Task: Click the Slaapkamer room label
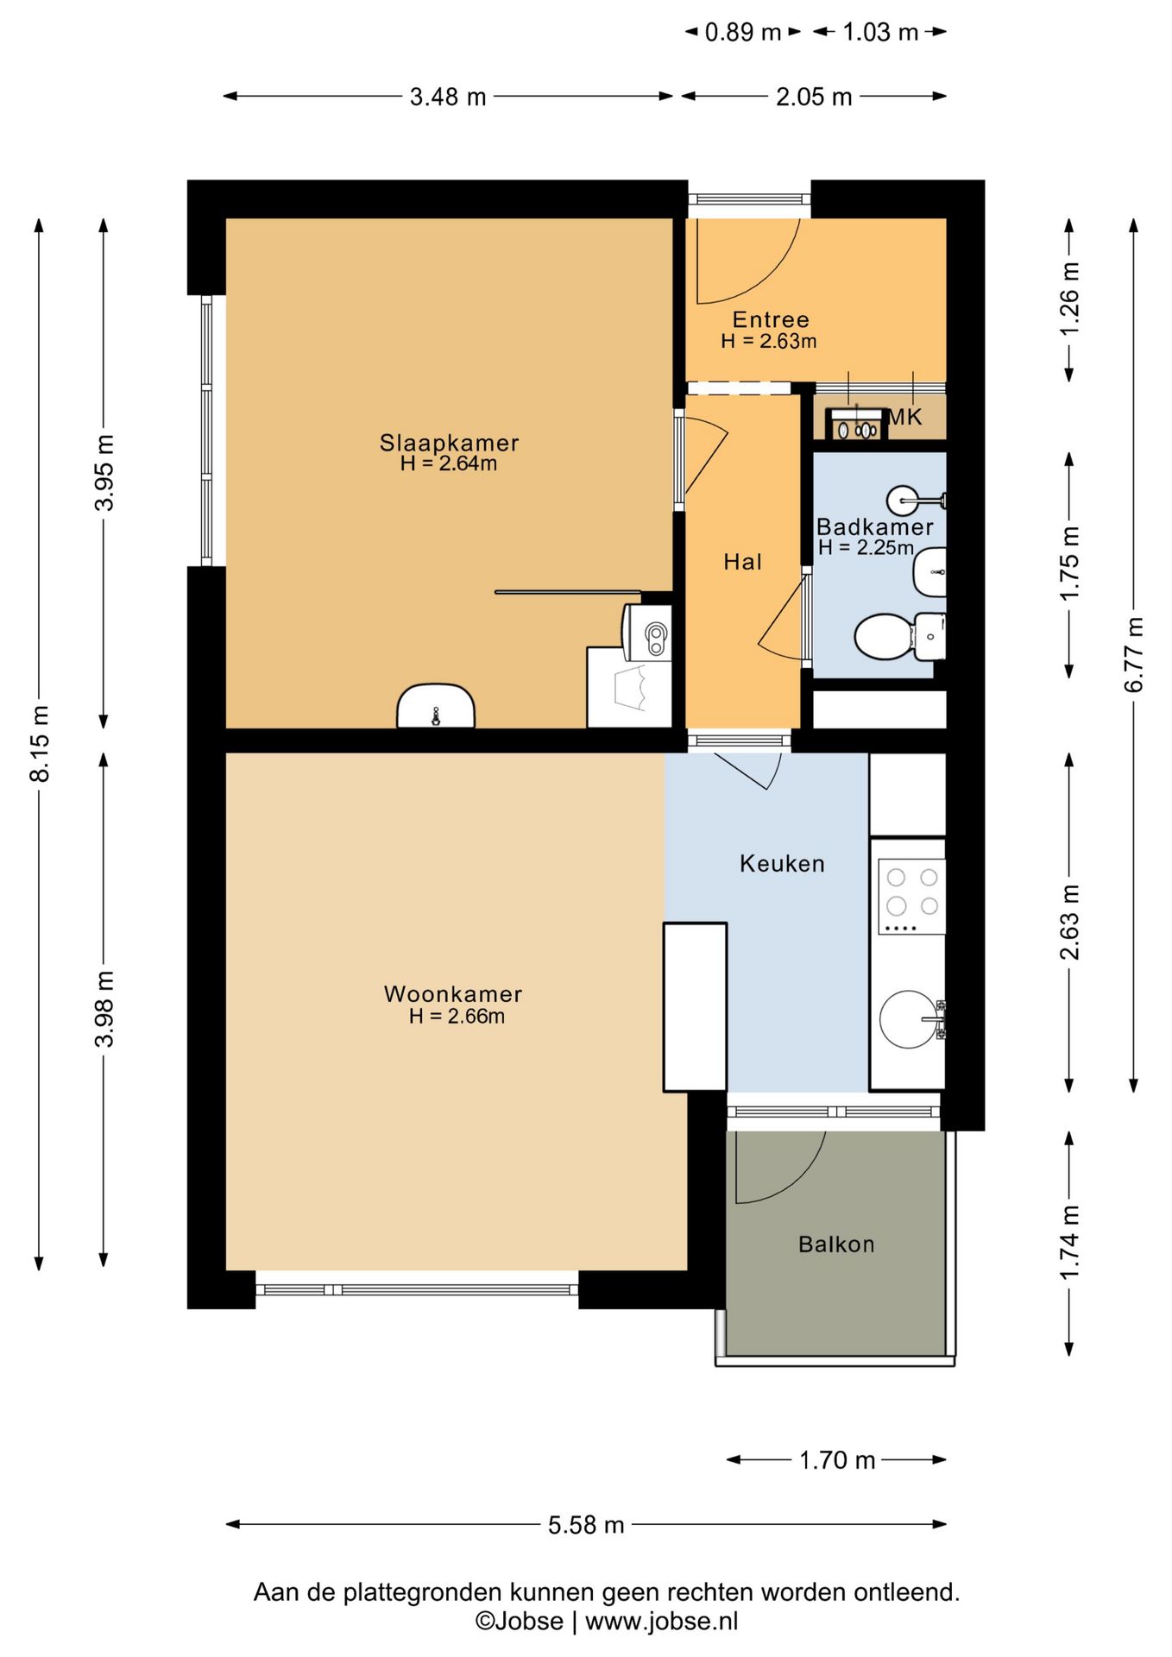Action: (449, 443)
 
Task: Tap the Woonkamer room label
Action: (453, 994)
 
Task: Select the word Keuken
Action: (782, 864)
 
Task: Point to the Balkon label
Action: (836, 1244)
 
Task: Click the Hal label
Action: (742, 562)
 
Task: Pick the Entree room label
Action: (771, 319)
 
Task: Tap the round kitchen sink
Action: (909, 1019)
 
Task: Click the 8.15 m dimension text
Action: (40, 744)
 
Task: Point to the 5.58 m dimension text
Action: (586, 1525)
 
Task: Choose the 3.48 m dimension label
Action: (448, 97)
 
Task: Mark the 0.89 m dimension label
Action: (743, 32)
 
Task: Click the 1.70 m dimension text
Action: (837, 1460)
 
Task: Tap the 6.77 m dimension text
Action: (1133, 655)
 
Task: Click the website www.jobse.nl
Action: (662, 1622)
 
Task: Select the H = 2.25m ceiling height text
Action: (866, 547)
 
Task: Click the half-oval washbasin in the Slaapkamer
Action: (436, 706)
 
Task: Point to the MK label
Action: (904, 418)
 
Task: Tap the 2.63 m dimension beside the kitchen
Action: (1069, 923)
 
